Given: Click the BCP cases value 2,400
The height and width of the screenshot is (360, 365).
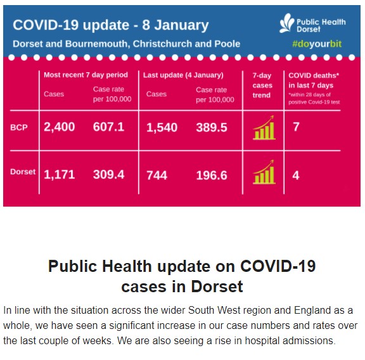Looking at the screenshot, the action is [x=60, y=127].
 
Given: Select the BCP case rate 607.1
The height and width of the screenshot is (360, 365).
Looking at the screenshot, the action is [x=108, y=127].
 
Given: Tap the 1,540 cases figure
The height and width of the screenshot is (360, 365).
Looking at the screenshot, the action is [x=162, y=127].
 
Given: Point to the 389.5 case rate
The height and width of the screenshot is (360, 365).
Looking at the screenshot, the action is [x=212, y=127].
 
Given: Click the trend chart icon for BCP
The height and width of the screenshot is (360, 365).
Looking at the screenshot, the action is [x=264, y=127].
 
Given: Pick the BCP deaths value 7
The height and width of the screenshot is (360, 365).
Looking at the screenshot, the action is [x=296, y=127].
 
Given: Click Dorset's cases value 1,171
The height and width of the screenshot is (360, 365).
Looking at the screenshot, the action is [x=60, y=175].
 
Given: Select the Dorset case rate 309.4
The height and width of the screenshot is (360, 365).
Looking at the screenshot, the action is [x=109, y=174].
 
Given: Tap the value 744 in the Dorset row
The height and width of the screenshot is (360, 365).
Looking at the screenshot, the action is [x=157, y=176].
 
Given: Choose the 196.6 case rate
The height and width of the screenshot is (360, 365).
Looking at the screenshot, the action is [x=212, y=176].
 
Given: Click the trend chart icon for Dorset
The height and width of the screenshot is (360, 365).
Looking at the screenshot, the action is [x=264, y=172].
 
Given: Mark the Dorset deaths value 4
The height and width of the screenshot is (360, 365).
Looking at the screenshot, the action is [x=296, y=176].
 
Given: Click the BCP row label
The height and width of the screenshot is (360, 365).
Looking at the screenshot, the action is [x=19, y=127].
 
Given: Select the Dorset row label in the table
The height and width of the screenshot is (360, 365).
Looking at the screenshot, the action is [x=23, y=172].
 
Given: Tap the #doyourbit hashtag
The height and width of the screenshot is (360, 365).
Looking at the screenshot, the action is [x=317, y=44].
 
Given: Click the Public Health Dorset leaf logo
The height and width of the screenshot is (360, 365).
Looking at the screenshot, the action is [x=287, y=23].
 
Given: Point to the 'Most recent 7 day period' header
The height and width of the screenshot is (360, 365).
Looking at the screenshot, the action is [x=86, y=75].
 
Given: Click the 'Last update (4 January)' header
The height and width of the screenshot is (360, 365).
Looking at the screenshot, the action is [x=183, y=75].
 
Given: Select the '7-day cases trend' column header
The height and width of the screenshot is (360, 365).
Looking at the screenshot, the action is [x=262, y=85].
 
